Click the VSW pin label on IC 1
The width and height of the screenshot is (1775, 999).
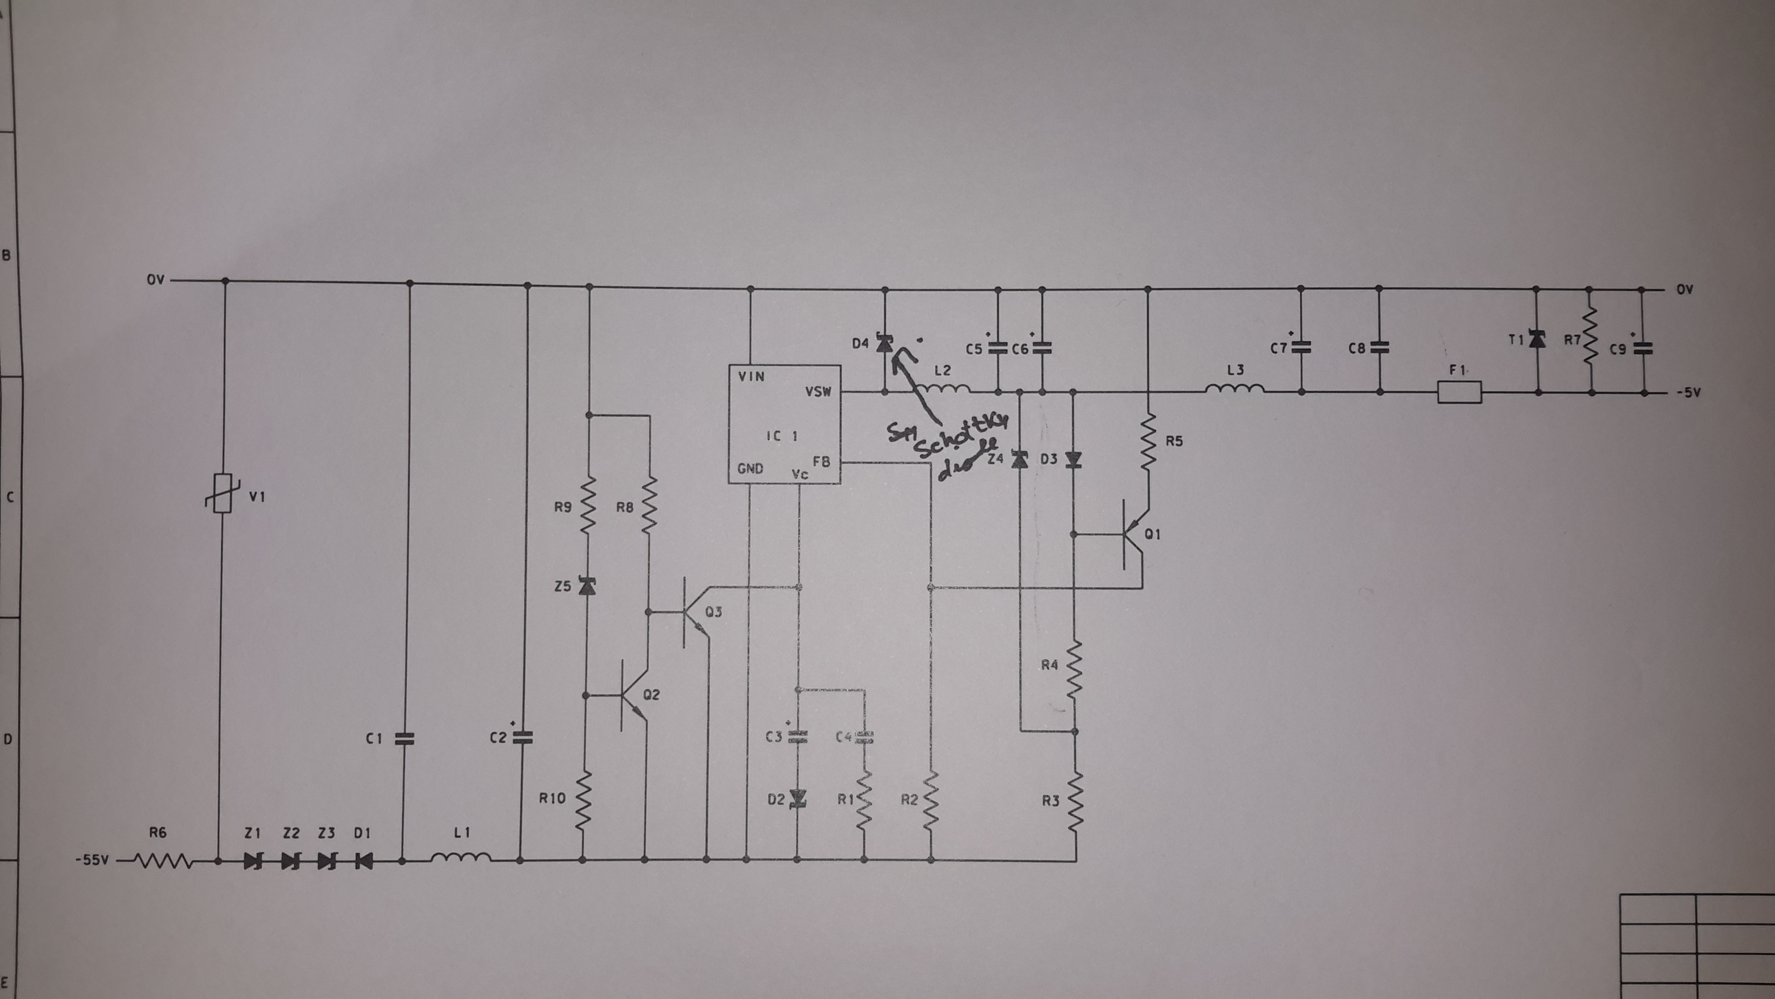pos(818,392)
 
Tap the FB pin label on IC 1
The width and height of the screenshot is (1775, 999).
pos(821,461)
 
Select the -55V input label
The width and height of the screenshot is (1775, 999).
pos(92,860)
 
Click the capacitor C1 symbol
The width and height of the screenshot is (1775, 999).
pos(405,738)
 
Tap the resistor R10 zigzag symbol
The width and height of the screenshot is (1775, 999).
pos(583,800)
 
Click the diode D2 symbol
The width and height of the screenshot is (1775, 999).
pos(798,798)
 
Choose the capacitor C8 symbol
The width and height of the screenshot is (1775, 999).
pos(1380,348)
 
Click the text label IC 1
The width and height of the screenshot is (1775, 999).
pos(782,436)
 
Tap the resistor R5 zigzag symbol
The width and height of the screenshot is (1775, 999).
pos(1148,442)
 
